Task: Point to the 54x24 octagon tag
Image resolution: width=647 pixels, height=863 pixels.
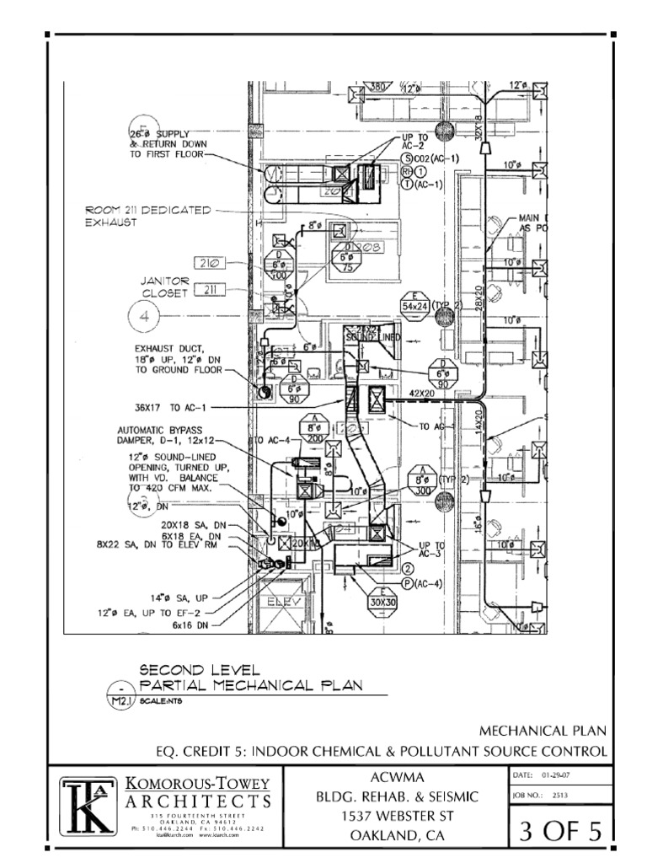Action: [415, 305]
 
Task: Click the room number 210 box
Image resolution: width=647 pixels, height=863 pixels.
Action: [209, 263]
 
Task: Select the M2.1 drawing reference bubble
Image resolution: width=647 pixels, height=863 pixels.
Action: [123, 698]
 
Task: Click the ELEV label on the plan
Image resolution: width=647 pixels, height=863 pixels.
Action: [283, 603]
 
